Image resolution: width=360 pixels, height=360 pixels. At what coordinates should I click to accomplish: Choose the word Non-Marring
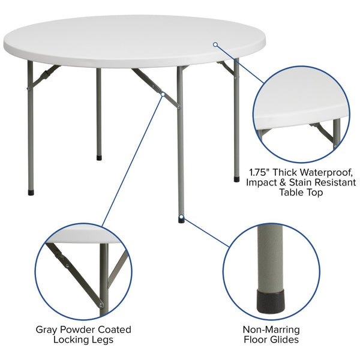(x=271, y=329)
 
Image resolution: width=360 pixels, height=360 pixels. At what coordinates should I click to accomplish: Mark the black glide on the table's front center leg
(x=181, y=220)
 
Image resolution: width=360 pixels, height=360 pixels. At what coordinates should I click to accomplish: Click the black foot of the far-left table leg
(x=31, y=193)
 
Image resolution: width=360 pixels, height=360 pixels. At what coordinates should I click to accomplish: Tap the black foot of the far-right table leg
(x=236, y=178)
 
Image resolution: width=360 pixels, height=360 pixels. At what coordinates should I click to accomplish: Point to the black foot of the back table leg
(x=99, y=158)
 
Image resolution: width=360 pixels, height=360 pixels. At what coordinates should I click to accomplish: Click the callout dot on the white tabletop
(x=215, y=44)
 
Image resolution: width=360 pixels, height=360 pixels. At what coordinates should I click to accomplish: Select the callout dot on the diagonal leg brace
(x=162, y=93)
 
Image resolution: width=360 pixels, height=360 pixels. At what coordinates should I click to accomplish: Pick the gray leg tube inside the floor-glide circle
(x=271, y=258)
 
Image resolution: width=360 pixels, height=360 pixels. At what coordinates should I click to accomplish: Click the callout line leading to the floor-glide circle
(x=207, y=233)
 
